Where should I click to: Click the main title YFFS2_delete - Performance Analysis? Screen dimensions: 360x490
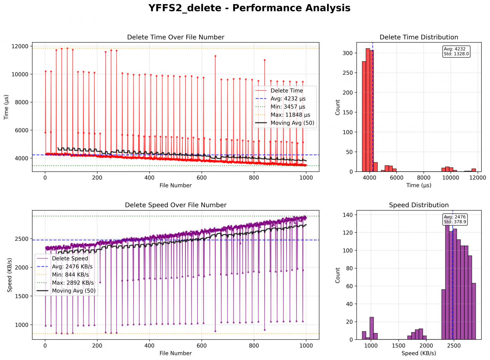(x=249, y=8)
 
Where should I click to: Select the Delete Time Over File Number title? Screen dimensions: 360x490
(x=176, y=37)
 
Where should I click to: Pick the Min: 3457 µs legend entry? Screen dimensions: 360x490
(x=288, y=107)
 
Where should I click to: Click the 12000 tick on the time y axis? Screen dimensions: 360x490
(x=20, y=46)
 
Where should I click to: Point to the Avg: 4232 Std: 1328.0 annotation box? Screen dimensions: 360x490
(x=456, y=51)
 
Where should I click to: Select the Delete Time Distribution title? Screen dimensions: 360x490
(x=419, y=37)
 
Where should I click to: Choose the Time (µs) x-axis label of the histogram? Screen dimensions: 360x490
(x=419, y=185)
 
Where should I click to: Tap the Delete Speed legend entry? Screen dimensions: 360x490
(x=70, y=259)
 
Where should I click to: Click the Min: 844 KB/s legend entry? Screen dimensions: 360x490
(x=70, y=275)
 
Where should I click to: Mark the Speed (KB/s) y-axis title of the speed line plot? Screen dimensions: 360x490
(x=10, y=275)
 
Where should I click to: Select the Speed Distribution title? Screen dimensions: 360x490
(x=419, y=205)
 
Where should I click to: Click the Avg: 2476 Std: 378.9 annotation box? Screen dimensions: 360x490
(x=455, y=219)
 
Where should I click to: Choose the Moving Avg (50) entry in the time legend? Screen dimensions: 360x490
(x=292, y=123)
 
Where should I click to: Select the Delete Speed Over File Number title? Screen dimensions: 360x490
(x=176, y=205)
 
